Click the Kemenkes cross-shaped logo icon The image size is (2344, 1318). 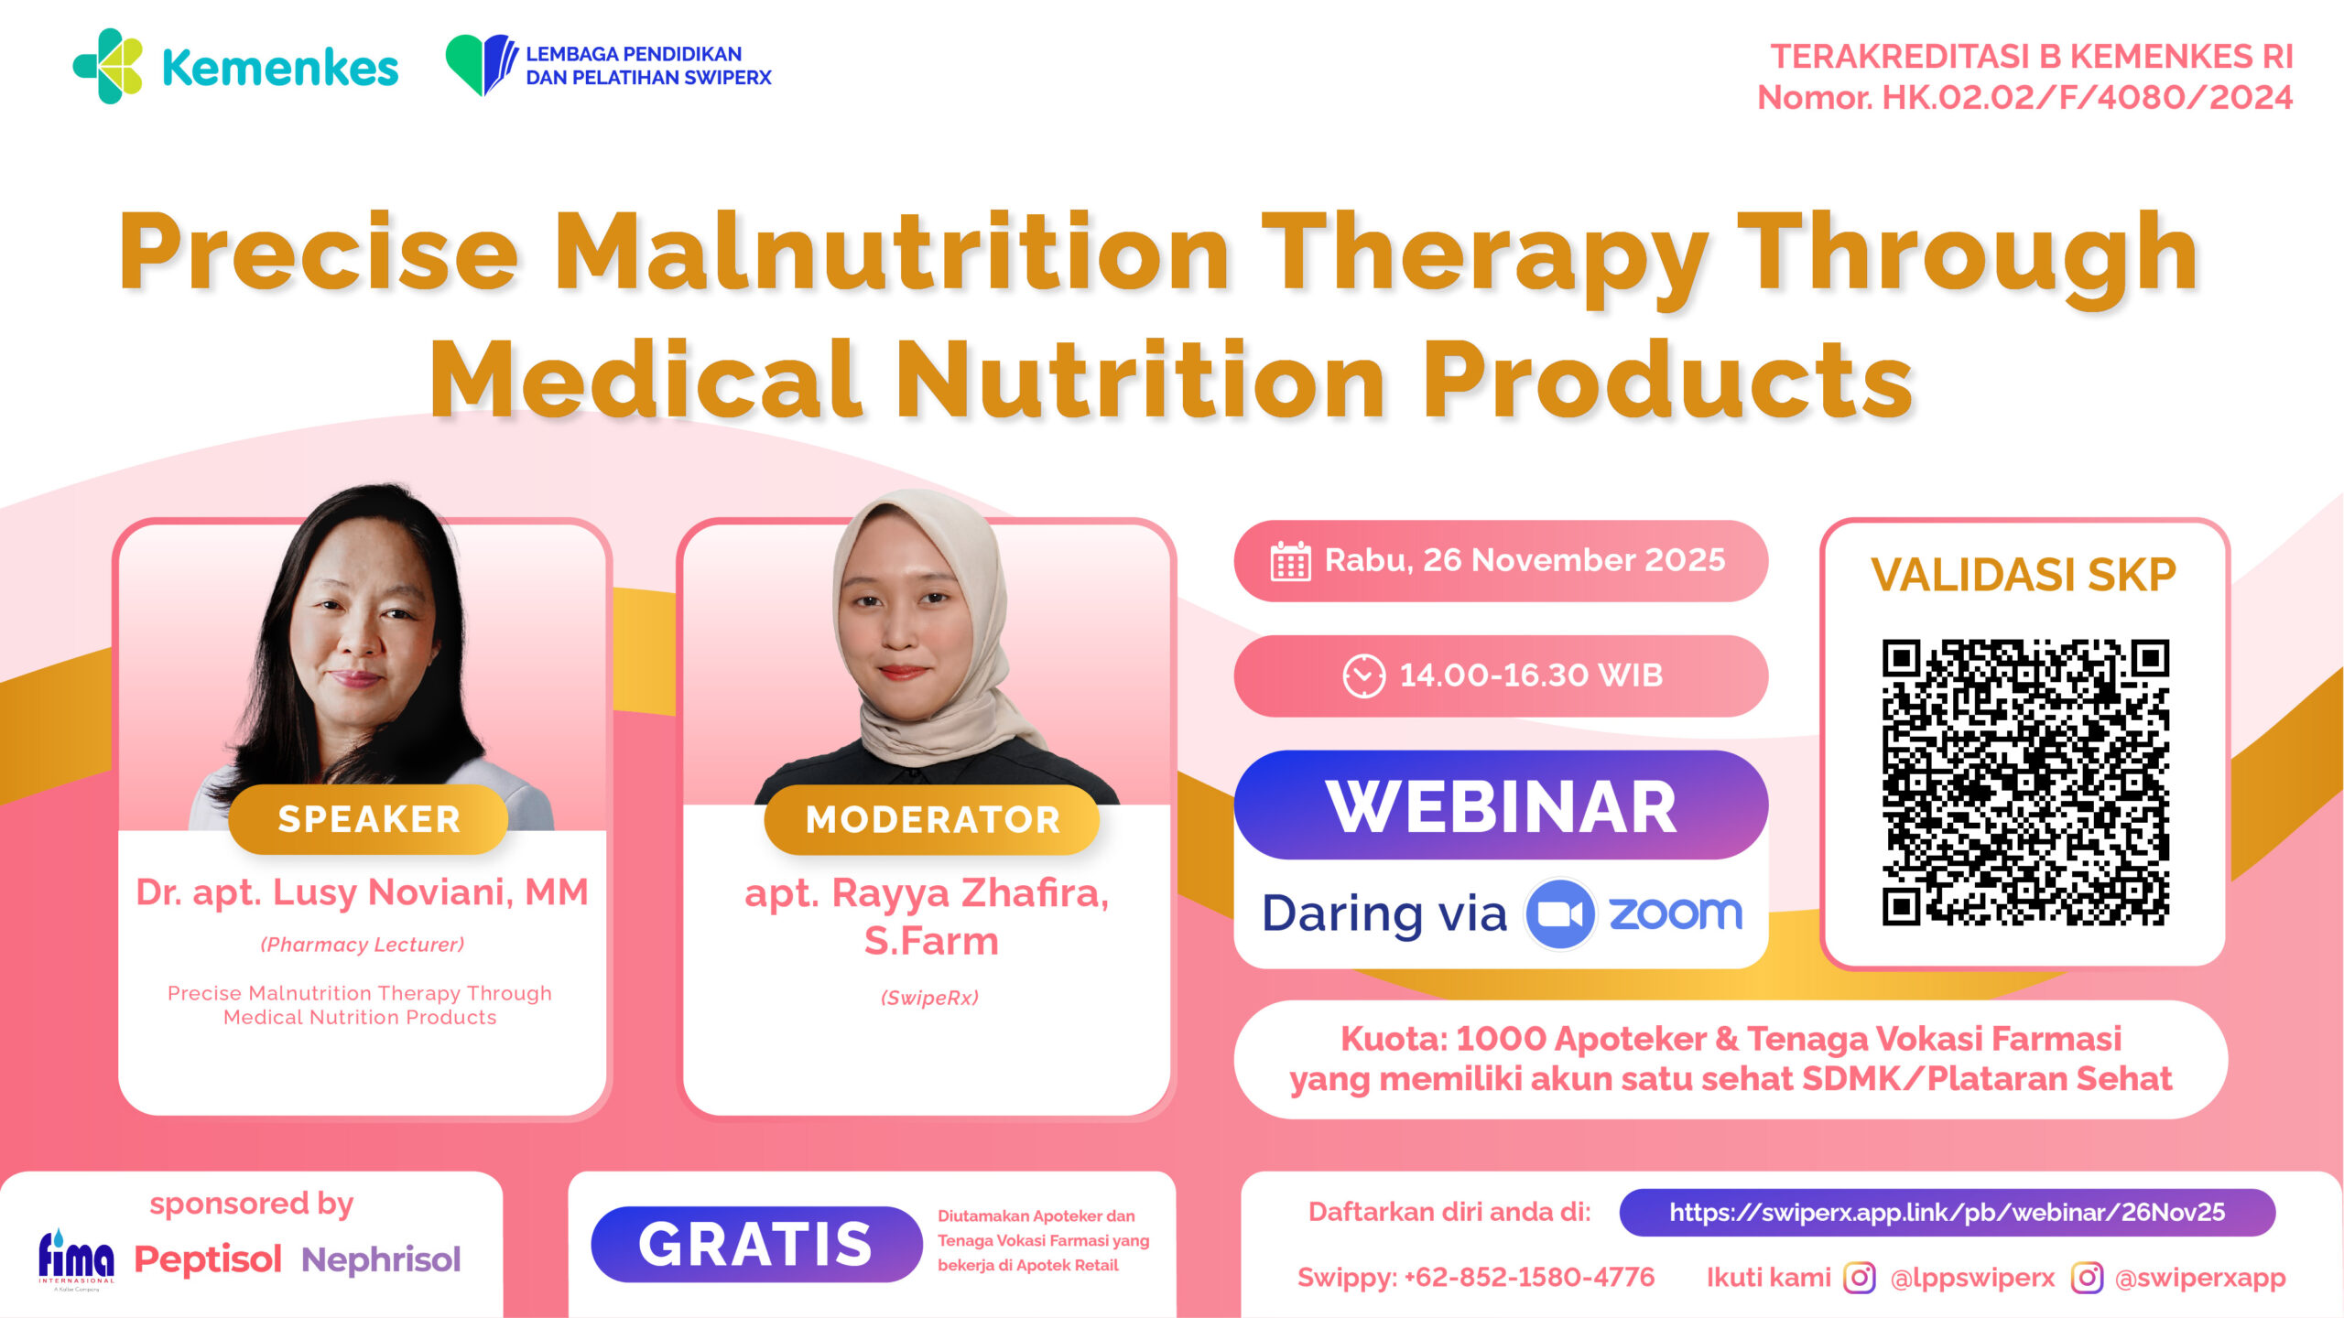[x=108, y=66]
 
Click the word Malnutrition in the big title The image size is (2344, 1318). [x=893, y=252]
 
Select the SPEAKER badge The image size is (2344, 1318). [x=368, y=819]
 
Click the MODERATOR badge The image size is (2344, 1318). [x=932, y=819]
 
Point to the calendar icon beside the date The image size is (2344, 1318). [x=1290, y=561]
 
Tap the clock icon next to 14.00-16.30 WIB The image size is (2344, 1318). [x=1363, y=676]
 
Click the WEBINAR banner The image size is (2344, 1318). [x=1501, y=805]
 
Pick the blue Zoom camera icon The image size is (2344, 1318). [x=1560, y=913]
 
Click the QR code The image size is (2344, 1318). [x=2025, y=783]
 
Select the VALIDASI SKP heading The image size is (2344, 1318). [x=2024, y=575]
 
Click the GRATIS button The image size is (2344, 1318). [x=756, y=1244]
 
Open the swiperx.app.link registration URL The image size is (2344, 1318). [x=1948, y=1213]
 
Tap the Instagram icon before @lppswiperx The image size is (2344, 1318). [x=1859, y=1277]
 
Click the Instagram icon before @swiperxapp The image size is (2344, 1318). [x=2087, y=1277]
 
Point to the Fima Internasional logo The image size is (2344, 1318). [x=76, y=1259]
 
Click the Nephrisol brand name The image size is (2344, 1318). [x=381, y=1260]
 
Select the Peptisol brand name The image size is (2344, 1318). [x=208, y=1260]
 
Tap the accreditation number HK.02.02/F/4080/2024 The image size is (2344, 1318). [x=2087, y=97]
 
